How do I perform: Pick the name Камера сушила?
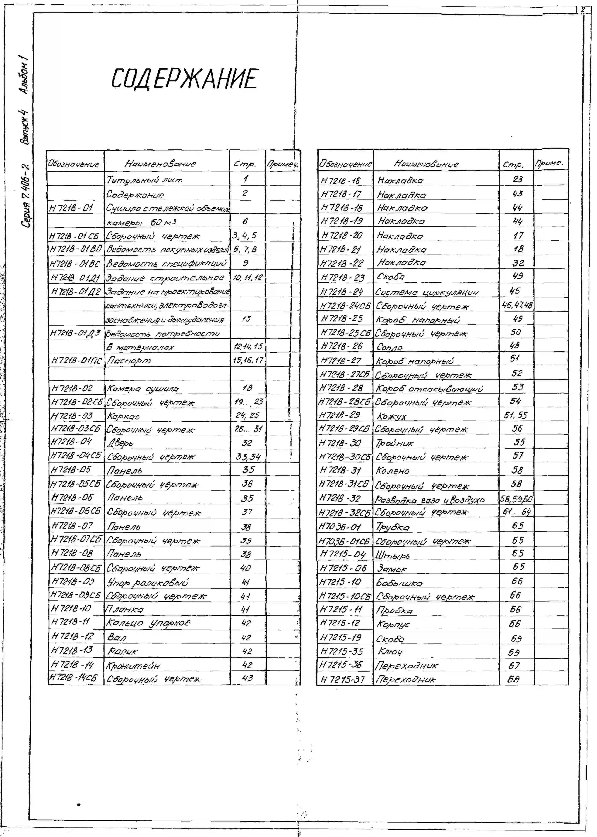142,389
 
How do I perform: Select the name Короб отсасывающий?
429,389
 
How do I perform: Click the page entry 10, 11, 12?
248,278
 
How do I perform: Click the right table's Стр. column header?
513,164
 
